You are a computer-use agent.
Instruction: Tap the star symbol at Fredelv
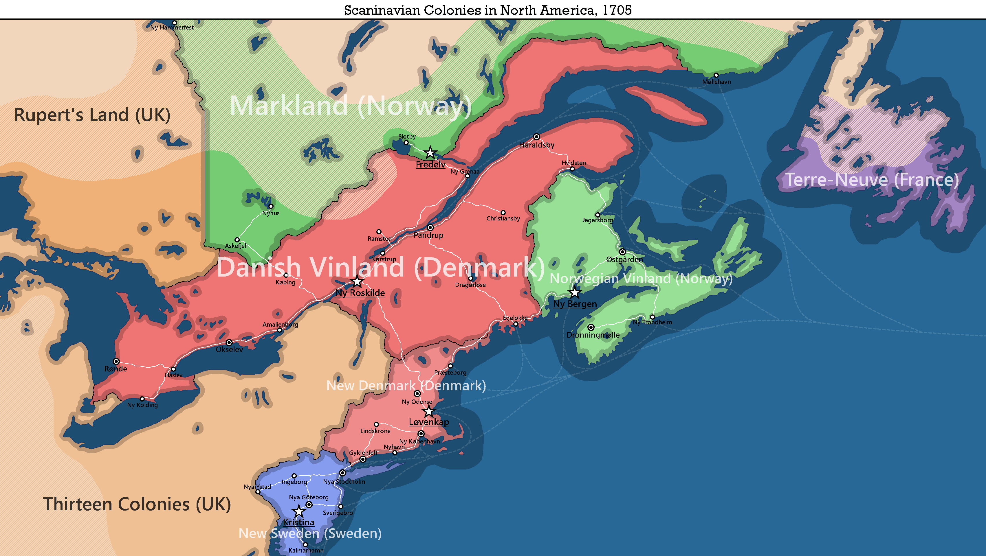pyautogui.click(x=430, y=152)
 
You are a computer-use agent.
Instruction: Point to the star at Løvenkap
pyautogui.click(x=429, y=411)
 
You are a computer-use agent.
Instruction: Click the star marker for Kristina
pyautogui.click(x=298, y=511)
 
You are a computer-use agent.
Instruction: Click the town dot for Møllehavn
pyautogui.click(x=716, y=75)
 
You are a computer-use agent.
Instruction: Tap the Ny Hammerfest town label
pyautogui.click(x=172, y=27)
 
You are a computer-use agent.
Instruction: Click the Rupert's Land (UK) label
pyautogui.click(x=92, y=115)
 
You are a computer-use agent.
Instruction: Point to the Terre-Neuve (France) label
pyautogui.click(x=872, y=180)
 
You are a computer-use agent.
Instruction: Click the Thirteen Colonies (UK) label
pyautogui.click(x=137, y=504)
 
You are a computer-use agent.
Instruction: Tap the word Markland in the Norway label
pyautogui.click(x=289, y=106)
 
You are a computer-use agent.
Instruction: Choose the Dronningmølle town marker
pyautogui.click(x=591, y=327)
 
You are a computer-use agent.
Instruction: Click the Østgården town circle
pyautogui.click(x=622, y=252)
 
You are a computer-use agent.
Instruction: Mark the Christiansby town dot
pyautogui.click(x=503, y=213)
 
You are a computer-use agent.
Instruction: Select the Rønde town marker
pyautogui.click(x=116, y=361)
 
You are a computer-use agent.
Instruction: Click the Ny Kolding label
pyautogui.click(x=142, y=405)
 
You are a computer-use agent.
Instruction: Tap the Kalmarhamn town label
pyautogui.click(x=306, y=550)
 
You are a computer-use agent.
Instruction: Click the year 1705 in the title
pyautogui.click(x=617, y=10)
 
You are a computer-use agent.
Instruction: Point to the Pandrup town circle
pyautogui.click(x=430, y=228)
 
